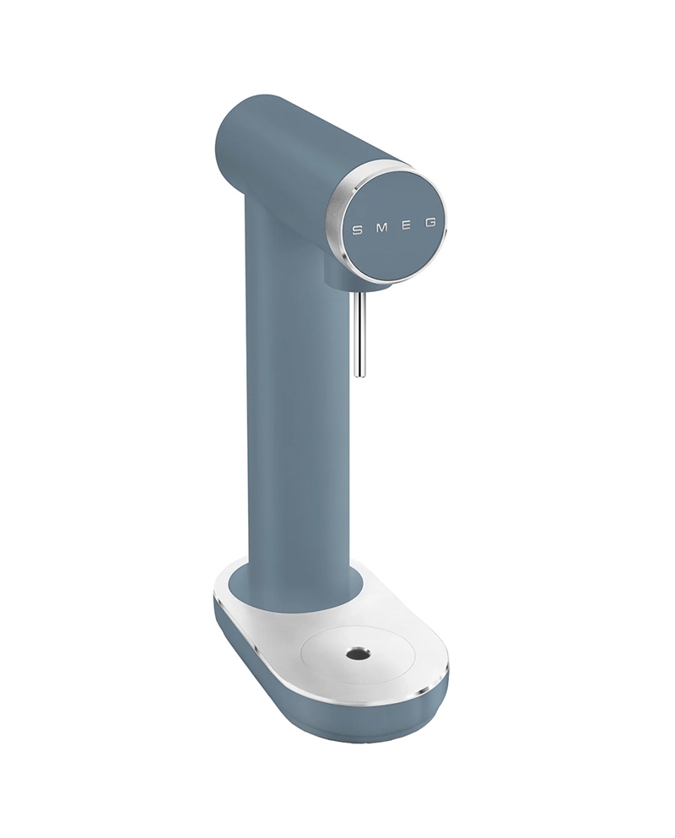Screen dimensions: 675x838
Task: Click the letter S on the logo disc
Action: tap(356, 230)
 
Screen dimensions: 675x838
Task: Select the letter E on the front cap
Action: tap(406, 227)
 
